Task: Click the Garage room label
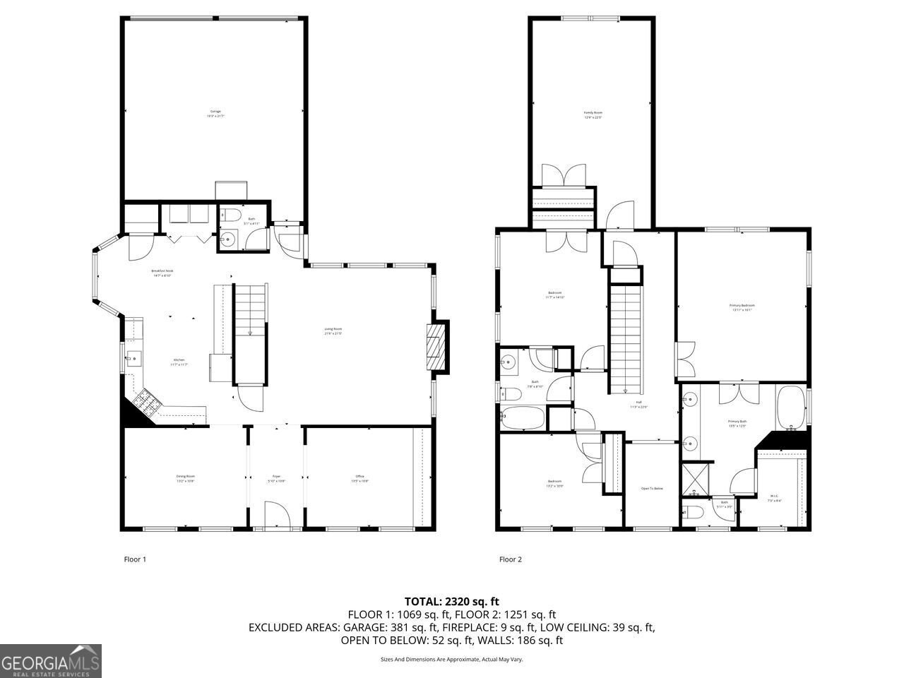click(x=215, y=113)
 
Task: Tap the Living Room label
click(x=333, y=331)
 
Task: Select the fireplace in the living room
click(x=438, y=347)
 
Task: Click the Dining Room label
click(x=186, y=478)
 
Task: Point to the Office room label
click(x=360, y=478)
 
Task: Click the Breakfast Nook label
click(x=162, y=273)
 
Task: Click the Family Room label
click(x=593, y=114)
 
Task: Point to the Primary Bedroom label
click(x=742, y=307)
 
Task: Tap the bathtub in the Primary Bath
click(x=792, y=408)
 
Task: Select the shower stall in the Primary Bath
click(x=696, y=480)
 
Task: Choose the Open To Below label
click(x=652, y=488)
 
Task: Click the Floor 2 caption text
click(x=510, y=559)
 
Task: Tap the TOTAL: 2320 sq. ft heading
click(x=452, y=601)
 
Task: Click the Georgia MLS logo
click(x=51, y=661)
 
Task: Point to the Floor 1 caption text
click(x=134, y=559)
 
